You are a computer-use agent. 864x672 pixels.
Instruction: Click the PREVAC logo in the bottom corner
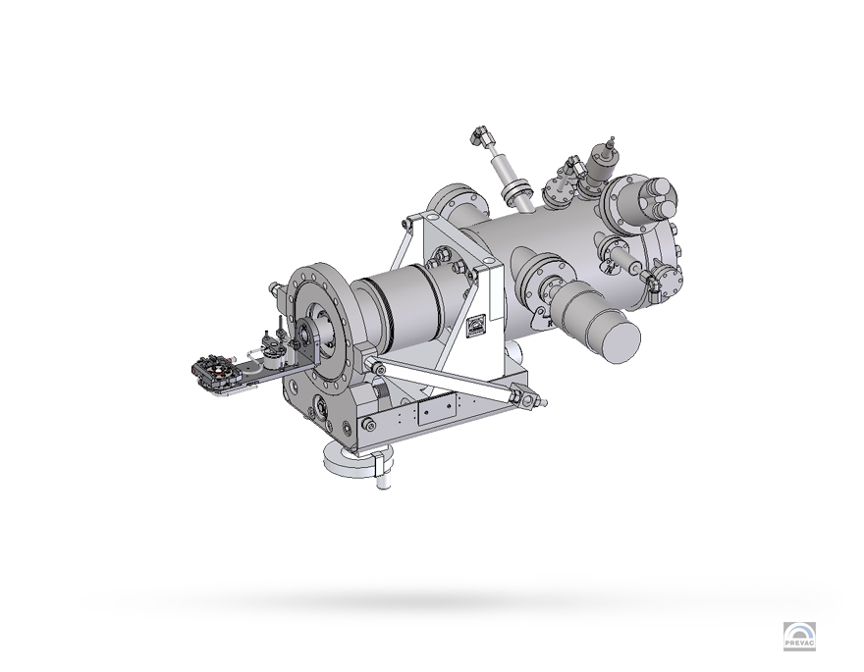click(799, 636)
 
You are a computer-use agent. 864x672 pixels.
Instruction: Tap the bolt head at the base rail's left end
click(368, 424)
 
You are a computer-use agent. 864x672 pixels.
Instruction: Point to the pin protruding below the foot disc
click(384, 482)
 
